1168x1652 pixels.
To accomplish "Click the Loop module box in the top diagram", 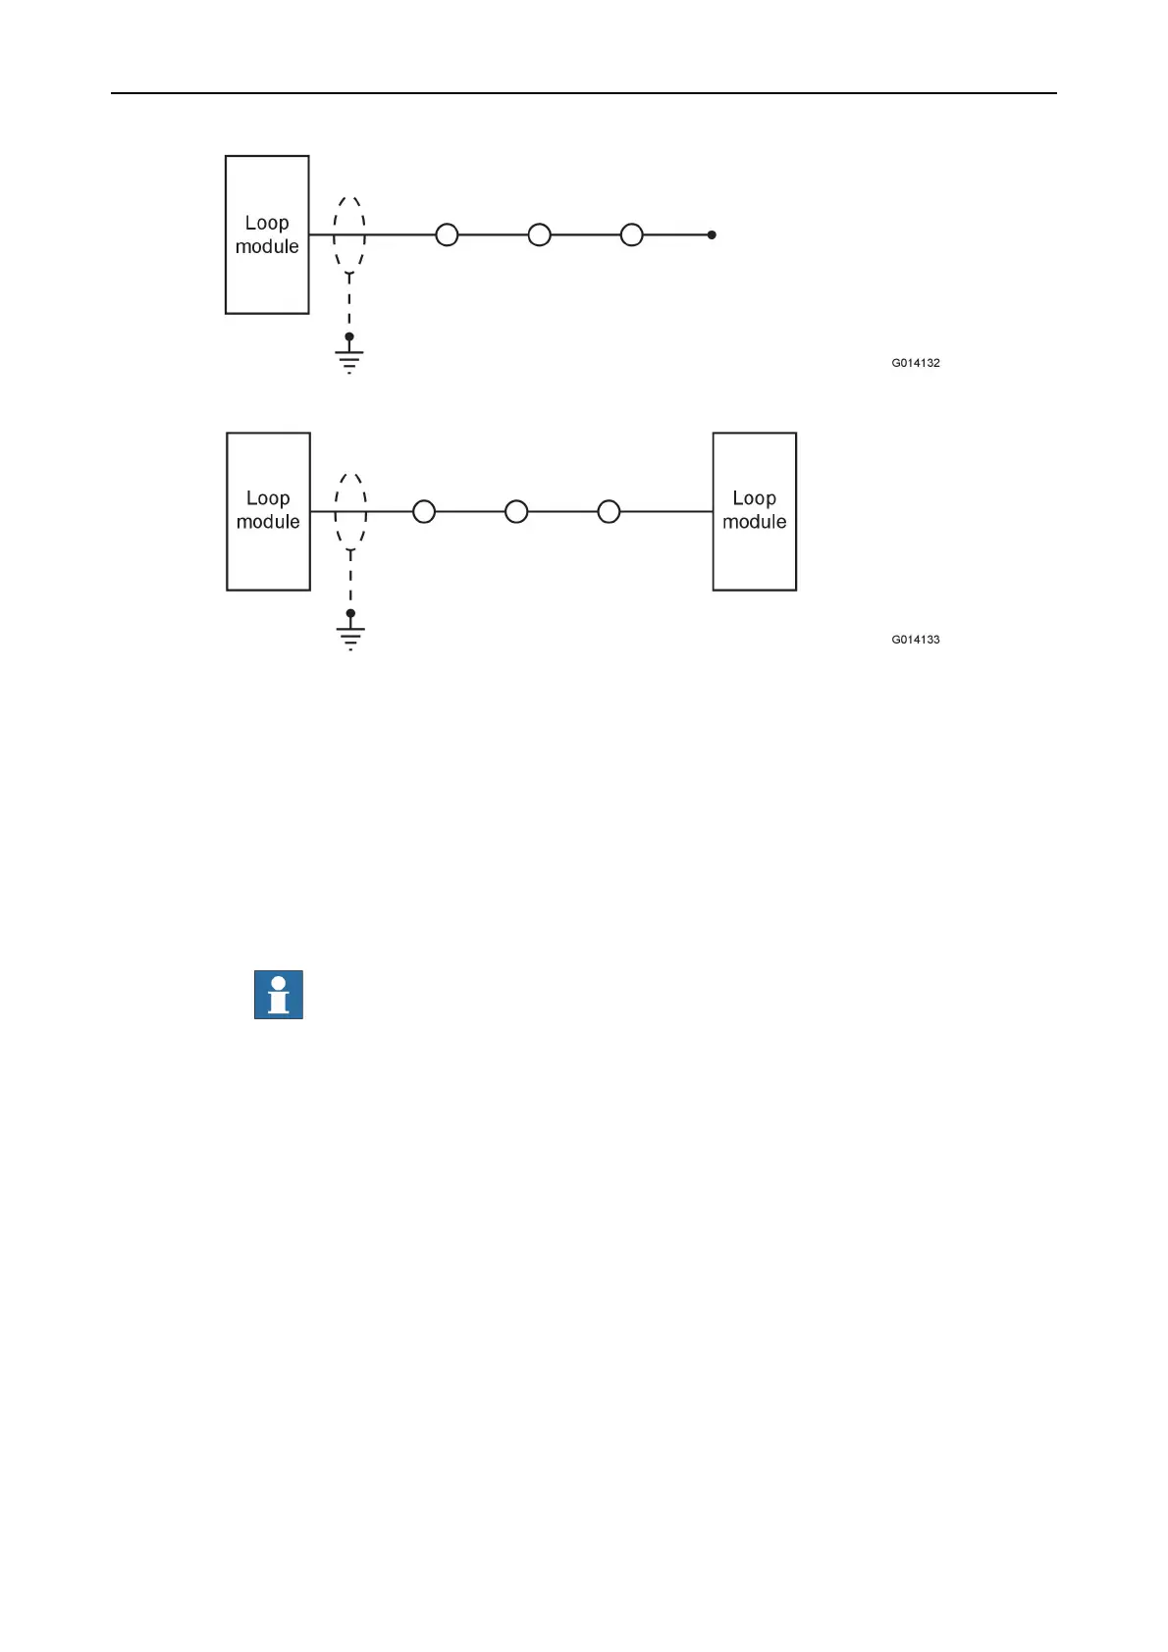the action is click(x=267, y=235).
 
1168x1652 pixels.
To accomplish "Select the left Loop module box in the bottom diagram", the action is click(x=268, y=511).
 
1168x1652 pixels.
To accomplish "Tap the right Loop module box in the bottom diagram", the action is click(x=754, y=511).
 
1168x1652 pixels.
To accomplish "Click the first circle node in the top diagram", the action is click(x=447, y=235).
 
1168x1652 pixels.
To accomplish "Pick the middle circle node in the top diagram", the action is click(x=539, y=235).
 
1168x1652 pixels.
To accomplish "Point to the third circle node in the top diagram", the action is click(x=632, y=235).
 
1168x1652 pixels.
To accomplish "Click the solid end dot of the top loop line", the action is click(x=712, y=235).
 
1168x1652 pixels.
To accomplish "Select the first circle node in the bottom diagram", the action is click(x=424, y=511).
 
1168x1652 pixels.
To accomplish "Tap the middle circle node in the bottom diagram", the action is click(x=516, y=511).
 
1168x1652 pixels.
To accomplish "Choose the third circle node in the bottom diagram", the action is click(x=609, y=511).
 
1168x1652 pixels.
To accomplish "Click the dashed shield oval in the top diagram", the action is click(x=349, y=233).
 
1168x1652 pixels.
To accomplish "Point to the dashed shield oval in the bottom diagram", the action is click(x=350, y=509).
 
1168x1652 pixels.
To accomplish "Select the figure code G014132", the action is click(x=915, y=363).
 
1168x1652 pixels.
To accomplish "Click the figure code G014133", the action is click(x=915, y=640).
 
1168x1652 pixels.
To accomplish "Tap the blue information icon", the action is click(x=279, y=995).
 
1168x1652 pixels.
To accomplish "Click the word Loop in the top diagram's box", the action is click(x=267, y=224).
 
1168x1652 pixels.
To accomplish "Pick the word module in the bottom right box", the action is click(x=754, y=523).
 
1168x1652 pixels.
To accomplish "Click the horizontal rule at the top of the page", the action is click(x=583, y=94).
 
